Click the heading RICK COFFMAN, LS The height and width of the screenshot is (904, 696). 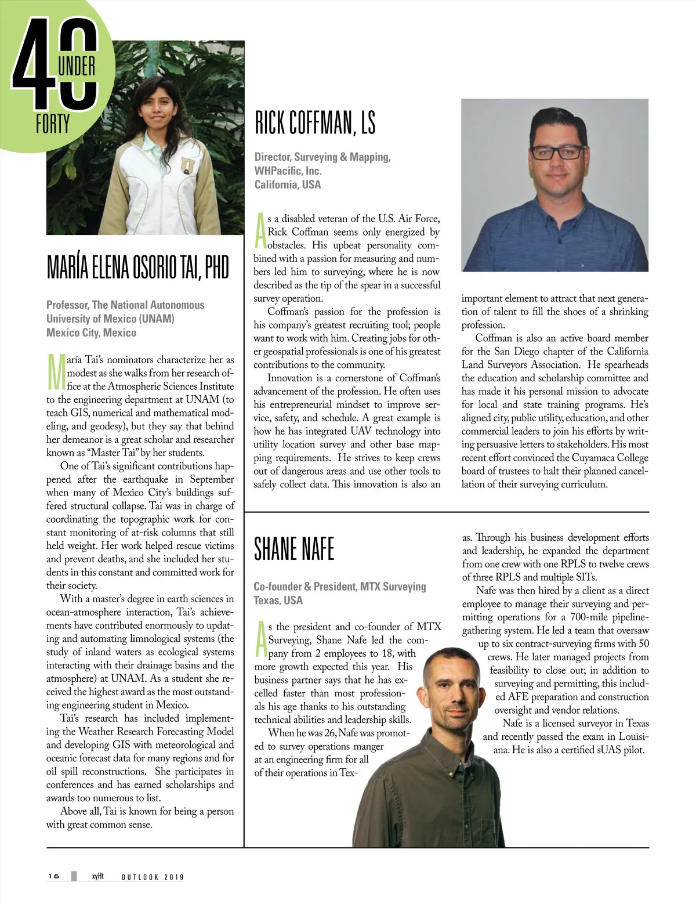(x=315, y=123)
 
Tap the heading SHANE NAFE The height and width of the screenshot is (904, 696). (x=294, y=549)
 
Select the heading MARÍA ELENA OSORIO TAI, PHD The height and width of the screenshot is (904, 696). (x=138, y=267)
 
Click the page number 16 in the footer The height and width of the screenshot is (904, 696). (x=54, y=876)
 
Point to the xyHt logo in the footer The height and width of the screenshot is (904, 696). (x=97, y=876)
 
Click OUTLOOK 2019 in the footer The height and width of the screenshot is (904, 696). (x=152, y=877)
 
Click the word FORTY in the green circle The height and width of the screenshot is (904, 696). (x=53, y=124)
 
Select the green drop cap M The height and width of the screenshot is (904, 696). (x=56, y=371)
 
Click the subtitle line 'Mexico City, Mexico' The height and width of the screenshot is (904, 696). (x=91, y=332)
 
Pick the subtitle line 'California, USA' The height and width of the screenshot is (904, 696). (x=287, y=185)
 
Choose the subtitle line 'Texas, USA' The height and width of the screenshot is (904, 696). (x=278, y=600)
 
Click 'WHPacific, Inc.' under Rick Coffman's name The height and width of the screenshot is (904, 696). (x=288, y=171)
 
